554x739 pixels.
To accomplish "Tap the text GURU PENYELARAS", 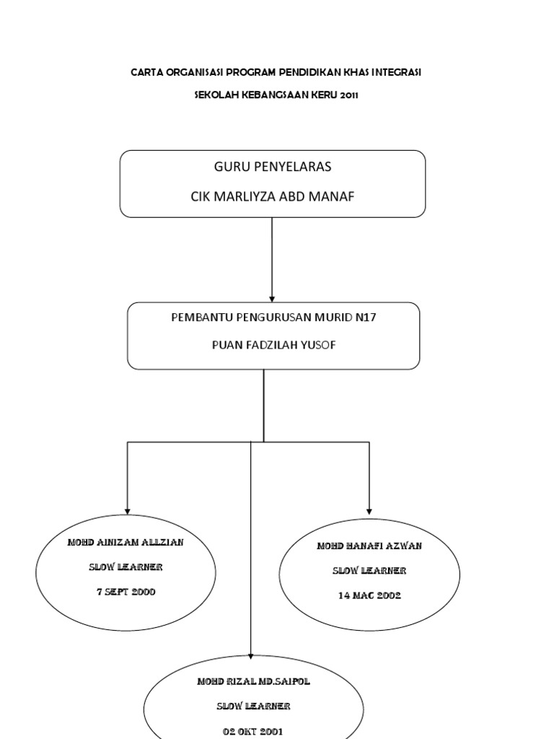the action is [x=273, y=167].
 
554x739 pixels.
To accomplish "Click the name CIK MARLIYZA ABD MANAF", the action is [x=272, y=196].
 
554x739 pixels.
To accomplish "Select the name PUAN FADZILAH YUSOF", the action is [x=273, y=345].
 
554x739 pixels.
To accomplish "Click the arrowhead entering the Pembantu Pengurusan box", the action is [x=272, y=299].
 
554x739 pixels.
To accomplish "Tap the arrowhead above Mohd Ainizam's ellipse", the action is [x=127, y=512].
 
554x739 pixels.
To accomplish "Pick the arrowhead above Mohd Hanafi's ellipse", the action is [x=369, y=512].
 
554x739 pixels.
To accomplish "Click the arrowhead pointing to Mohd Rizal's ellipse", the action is [x=250, y=656].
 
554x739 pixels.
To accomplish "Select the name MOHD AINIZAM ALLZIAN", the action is [x=126, y=543].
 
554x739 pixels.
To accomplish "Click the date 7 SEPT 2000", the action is [x=126, y=592].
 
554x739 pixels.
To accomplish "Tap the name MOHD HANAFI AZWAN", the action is [x=369, y=546].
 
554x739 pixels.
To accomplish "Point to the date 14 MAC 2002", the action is [x=370, y=595].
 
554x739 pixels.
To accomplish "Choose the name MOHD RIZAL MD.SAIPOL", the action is [x=253, y=681].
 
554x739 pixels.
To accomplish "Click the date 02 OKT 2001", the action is [x=253, y=732].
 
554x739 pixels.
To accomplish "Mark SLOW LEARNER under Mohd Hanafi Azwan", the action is [x=369, y=571].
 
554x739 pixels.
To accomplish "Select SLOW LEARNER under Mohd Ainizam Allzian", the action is [x=126, y=567].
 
